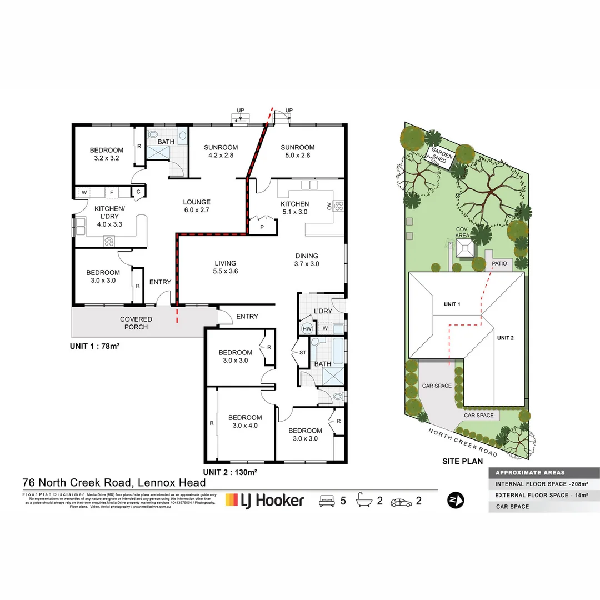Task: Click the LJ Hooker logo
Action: point(264,500)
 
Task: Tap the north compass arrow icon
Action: point(456,500)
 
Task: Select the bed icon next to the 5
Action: point(327,501)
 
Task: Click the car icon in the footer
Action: point(402,501)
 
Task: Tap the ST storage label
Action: point(303,352)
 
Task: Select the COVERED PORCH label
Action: point(136,323)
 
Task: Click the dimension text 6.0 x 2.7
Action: point(197,211)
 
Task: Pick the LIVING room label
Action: point(225,263)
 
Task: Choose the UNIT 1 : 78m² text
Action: point(95,346)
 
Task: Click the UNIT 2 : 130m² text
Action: point(229,472)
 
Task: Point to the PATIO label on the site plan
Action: point(498,263)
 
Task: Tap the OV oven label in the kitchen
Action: point(329,207)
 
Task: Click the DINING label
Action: point(307,256)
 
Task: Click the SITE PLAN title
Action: point(462,461)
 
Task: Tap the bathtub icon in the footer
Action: point(363,500)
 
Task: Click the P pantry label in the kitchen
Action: point(261,227)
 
